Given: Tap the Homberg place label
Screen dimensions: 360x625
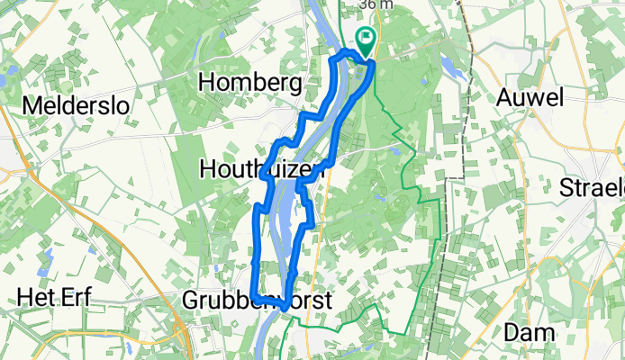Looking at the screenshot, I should point(249,84).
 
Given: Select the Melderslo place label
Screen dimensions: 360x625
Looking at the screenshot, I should point(76,105).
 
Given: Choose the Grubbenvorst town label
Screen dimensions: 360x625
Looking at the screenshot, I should point(256,300).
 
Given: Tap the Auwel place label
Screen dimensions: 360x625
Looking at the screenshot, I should point(529,96).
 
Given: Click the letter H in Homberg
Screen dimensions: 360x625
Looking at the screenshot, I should point(206,84).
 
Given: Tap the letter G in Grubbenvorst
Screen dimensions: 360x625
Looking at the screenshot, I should point(190,300).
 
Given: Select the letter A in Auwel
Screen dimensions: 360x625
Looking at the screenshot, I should point(505,96).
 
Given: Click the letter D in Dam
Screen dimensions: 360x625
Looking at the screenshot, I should point(512,332).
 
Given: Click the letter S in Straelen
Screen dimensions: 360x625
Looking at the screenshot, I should point(567,189).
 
